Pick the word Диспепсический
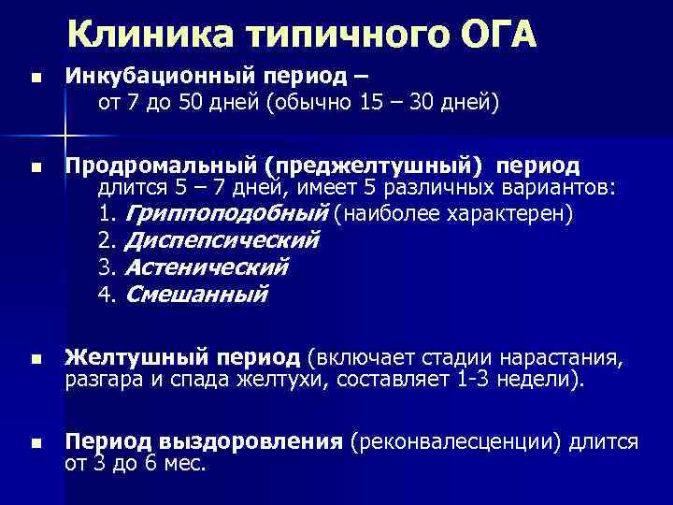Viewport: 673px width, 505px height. [x=222, y=241]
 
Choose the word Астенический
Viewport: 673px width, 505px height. [x=207, y=268]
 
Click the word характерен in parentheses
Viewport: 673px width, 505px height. [x=511, y=214]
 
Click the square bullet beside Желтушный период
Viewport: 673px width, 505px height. [x=36, y=359]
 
